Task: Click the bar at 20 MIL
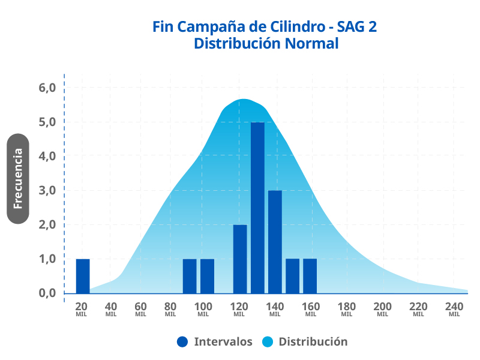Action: [x=83, y=276]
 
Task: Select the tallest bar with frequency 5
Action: [x=257, y=208]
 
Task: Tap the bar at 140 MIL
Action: [x=275, y=242]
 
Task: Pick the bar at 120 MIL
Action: [x=240, y=259]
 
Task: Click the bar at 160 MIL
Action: [x=310, y=276]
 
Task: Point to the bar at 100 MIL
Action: [x=207, y=276]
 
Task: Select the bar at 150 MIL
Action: [x=292, y=276]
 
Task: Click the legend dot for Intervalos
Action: [x=182, y=342]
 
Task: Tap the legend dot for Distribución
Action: [x=268, y=342]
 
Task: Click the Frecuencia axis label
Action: [x=18, y=178]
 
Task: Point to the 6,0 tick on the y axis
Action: [x=47, y=88]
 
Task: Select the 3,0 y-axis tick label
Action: [x=47, y=191]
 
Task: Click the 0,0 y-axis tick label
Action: [x=47, y=293]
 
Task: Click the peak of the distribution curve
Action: [x=244, y=100]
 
